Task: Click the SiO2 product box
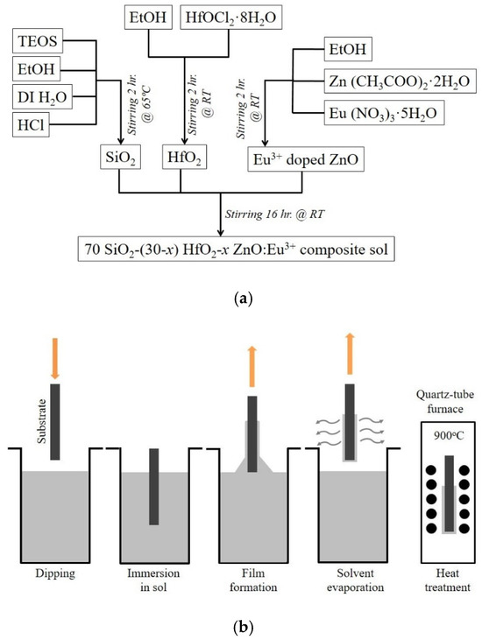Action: point(120,158)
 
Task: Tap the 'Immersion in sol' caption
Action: point(157,579)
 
